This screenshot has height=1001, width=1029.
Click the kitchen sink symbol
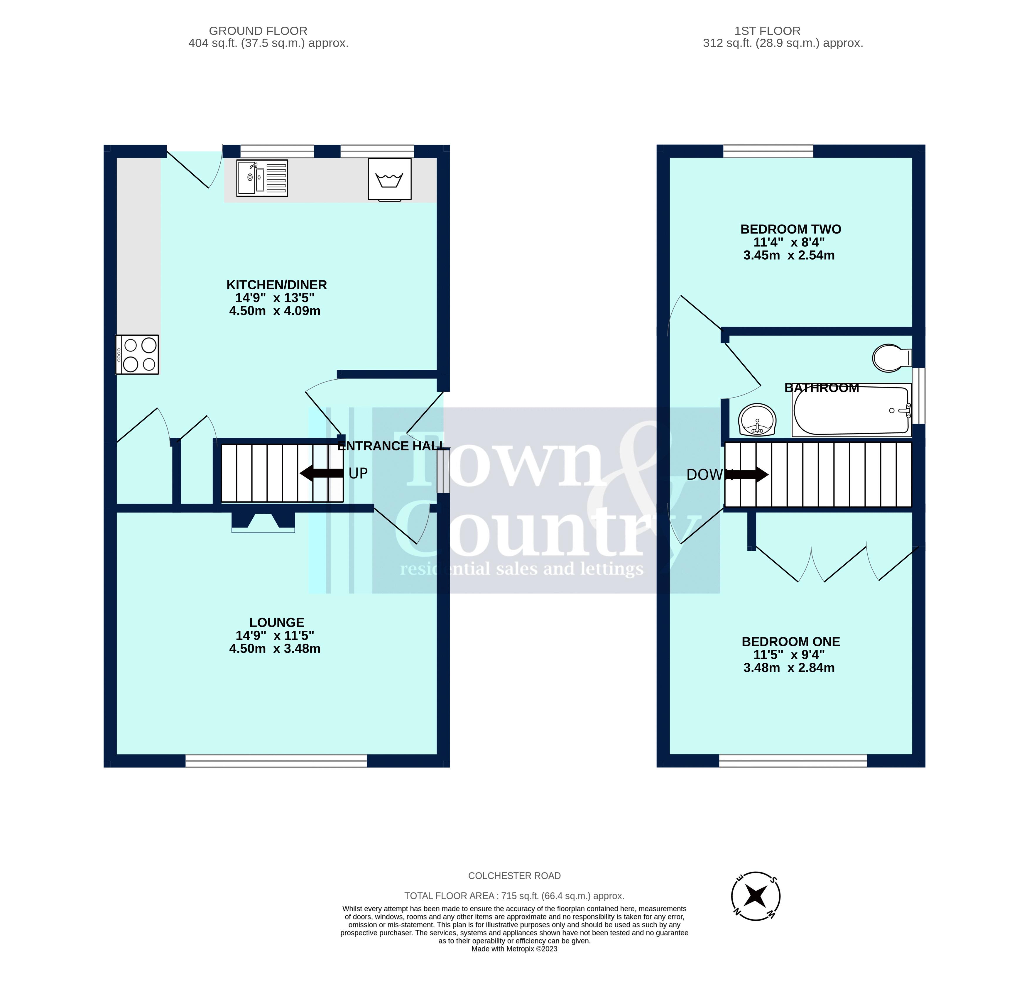click(x=262, y=178)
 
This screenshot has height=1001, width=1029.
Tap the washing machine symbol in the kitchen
click(x=390, y=179)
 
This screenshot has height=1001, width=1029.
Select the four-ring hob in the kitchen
click(x=137, y=355)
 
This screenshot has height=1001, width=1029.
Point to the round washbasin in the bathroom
click(x=757, y=420)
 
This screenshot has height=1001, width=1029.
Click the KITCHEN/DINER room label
click(x=277, y=285)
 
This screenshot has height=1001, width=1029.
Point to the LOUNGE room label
click(x=277, y=623)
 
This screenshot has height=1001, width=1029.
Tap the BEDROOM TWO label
click(x=790, y=229)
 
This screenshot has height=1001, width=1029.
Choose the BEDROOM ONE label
click(x=790, y=641)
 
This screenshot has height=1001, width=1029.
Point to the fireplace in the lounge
click(x=263, y=522)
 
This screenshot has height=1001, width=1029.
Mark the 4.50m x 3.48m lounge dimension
click(x=274, y=649)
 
